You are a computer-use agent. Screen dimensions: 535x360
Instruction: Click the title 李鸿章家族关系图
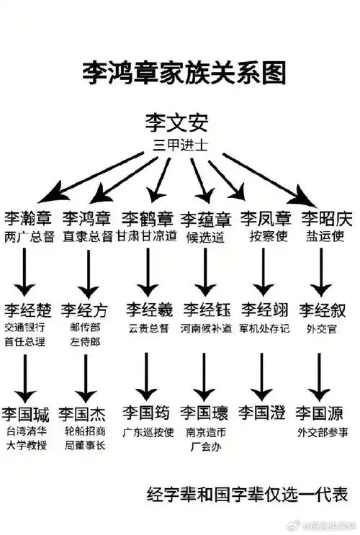183,73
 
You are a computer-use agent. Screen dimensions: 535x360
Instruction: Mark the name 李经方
84,310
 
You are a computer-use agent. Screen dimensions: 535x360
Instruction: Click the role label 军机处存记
264,328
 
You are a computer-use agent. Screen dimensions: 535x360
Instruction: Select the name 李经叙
323,310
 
